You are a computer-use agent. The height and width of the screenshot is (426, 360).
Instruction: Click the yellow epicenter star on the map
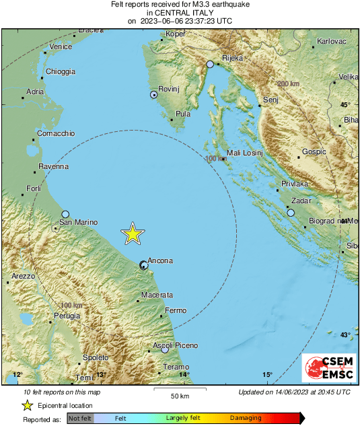click(x=133, y=234)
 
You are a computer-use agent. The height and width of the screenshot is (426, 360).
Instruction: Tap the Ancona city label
click(x=161, y=260)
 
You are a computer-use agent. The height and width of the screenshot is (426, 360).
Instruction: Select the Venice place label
click(x=61, y=46)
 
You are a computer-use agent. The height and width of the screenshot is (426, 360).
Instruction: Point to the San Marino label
click(x=79, y=222)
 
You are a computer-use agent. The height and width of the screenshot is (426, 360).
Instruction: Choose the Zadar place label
click(x=301, y=201)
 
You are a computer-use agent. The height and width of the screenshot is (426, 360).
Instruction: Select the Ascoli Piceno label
click(x=176, y=345)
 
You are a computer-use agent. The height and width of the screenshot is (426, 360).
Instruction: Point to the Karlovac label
click(x=331, y=42)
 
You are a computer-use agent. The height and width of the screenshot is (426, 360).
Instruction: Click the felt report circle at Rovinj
click(x=153, y=96)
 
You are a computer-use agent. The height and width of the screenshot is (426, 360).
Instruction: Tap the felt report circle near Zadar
click(x=291, y=213)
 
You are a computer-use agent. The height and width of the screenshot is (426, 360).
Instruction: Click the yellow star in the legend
click(x=28, y=405)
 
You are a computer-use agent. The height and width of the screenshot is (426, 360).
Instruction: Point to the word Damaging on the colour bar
click(x=246, y=418)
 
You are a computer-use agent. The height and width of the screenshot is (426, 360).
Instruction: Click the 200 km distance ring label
click(x=288, y=83)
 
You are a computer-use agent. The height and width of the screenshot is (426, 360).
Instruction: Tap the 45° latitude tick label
click(x=345, y=105)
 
